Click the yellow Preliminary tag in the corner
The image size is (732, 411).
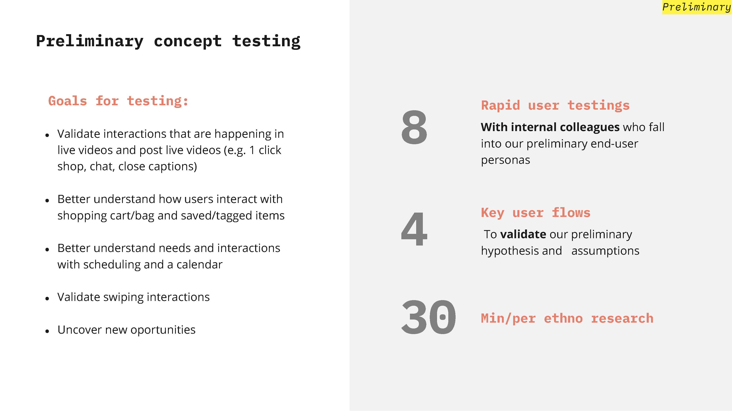pos(697,7)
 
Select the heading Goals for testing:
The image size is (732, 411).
pos(118,101)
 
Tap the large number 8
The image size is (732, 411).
pos(414,127)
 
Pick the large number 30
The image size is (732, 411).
pos(428,317)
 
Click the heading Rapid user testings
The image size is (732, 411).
pos(555,105)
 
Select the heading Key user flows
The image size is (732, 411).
pos(536,213)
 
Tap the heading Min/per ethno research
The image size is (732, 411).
pos(567,318)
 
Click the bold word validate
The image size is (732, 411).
pos(523,234)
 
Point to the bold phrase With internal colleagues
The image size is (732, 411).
pos(550,127)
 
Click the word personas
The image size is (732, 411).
pos(505,160)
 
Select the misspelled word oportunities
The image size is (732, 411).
pos(163,330)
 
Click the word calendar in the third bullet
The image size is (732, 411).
pos(199,264)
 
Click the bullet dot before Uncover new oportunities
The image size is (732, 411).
pos(47,331)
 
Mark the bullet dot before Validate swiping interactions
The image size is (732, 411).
pos(47,298)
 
